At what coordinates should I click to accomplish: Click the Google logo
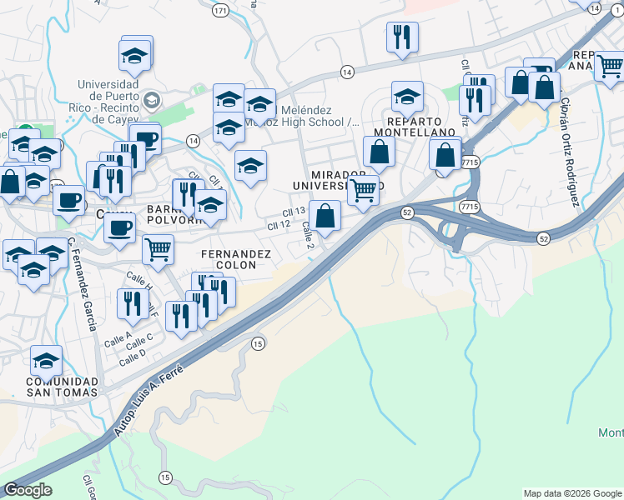28,490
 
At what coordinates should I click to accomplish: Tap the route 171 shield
220,11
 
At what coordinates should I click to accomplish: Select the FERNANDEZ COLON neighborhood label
236,259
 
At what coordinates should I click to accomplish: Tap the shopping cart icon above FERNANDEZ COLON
159,248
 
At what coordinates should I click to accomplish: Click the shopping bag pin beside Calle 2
325,216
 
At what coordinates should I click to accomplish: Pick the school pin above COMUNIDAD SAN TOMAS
47,361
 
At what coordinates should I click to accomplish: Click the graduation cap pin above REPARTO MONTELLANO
407,97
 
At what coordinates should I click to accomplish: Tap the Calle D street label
132,357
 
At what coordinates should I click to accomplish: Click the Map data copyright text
572,493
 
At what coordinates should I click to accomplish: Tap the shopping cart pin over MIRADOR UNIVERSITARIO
363,191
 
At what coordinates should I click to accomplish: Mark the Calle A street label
118,339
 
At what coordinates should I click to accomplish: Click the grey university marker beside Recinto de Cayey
151,101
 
